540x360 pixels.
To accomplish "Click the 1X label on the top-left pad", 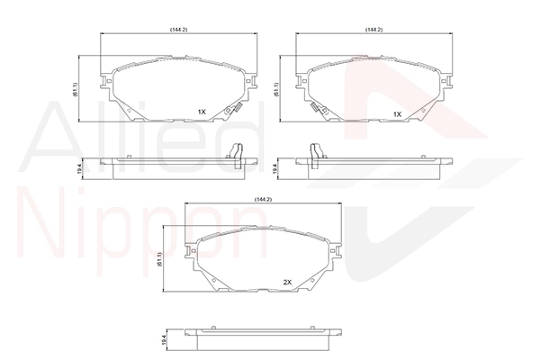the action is tap(202, 112).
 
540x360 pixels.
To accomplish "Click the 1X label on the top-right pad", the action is tap(398, 114).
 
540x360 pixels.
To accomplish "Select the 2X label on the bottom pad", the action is tap(288, 282).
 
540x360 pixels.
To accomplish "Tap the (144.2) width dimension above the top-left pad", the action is tap(179, 30).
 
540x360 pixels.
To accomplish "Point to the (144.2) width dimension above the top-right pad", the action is tap(374, 30).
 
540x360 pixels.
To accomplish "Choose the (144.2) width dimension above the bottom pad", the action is tap(264, 200).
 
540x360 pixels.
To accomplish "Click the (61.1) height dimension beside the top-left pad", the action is tap(76, 90).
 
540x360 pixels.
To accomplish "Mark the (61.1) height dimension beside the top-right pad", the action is tap(276, 90).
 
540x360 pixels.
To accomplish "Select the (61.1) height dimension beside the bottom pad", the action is tap(159, 259).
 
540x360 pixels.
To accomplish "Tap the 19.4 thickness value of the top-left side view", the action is tap(79, 169).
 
